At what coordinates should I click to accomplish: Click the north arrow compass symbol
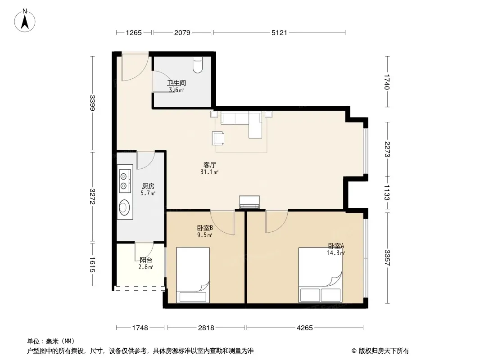point(25,21)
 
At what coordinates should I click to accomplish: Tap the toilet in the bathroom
point(198,65)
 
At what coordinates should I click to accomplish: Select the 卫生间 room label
point(177,83)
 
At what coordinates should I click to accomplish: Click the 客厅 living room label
point(210,165)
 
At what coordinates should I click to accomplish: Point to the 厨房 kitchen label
point(148,186)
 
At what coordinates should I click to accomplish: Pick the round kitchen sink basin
point(124,207)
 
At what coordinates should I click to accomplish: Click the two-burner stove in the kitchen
point(125,179)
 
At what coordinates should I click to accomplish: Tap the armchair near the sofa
point(217,138)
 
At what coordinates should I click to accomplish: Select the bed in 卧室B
point(193,275)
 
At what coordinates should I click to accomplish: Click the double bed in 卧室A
point(320,275)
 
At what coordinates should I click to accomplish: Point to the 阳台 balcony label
point(146,260)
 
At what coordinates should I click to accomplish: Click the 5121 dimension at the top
point(279,32)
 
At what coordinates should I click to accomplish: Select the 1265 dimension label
point(134,32)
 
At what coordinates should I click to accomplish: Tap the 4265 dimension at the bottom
point(304,328)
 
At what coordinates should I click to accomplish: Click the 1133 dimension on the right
point(387,193)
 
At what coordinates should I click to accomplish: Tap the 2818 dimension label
point(206,328)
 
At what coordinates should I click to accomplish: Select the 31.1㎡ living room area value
point(209,172)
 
